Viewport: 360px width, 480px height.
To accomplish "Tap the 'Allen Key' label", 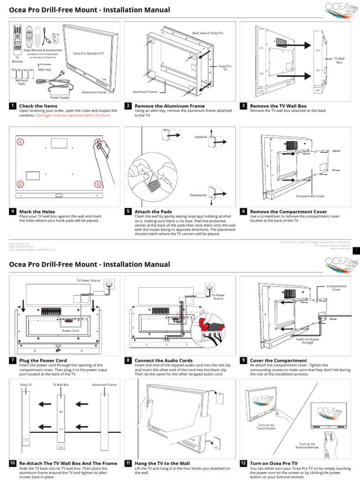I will [x=45, y=69].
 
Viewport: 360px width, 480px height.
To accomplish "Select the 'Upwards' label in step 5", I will [x=201, y=137].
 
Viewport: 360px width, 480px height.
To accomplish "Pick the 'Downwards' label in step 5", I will [x=198, y=195].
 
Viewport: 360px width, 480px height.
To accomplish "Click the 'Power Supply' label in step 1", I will [x=60, y=97].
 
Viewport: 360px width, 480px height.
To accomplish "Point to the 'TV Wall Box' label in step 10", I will [x=61, y=384].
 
